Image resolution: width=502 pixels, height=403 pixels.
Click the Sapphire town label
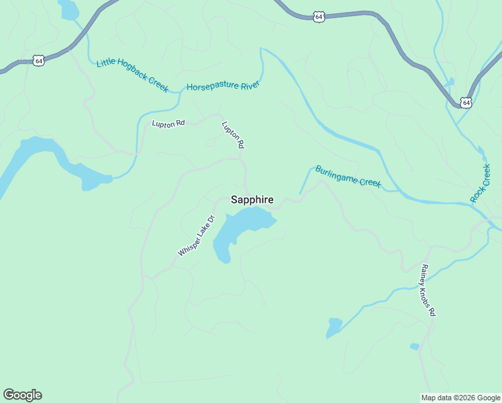point(252,199)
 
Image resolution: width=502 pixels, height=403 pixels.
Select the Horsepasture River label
point(223,87)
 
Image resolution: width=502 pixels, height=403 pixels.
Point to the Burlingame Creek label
point(348,177)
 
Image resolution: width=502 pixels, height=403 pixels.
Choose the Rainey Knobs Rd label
point(428,290)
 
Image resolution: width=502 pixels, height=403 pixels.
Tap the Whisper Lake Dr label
point(196,236)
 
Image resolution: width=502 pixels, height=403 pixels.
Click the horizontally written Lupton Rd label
point(168,124)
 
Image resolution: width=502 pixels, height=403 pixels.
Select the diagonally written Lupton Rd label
point(233,134)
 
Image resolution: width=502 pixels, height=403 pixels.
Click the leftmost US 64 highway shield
point(40,60)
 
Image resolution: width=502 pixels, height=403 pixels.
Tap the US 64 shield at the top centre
point(319,16)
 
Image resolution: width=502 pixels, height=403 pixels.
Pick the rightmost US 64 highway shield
point(466,102)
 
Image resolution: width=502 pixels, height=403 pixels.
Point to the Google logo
point(22,395)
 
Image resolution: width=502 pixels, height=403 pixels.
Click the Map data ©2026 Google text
point(460,398)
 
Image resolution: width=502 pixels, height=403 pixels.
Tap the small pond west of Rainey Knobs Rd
point(334,328)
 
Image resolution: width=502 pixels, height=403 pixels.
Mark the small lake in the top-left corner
point(68,9)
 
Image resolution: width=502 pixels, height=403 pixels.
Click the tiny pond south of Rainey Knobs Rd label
point(415,347)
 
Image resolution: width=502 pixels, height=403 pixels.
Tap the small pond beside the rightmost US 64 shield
point(449,82)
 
